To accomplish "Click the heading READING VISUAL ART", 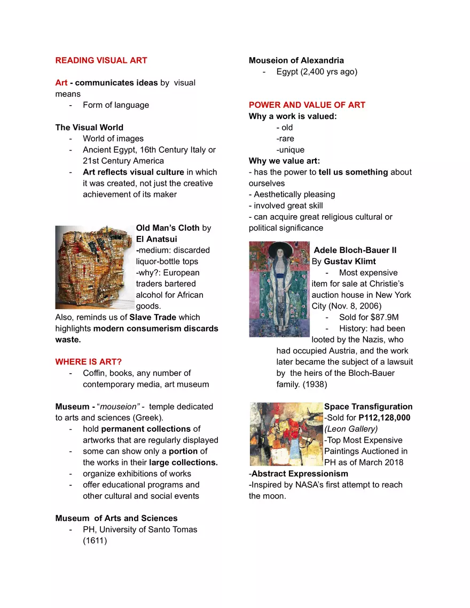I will (101, 60).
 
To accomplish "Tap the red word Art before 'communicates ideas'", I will (61, 83).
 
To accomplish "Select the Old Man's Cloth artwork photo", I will (95, 267).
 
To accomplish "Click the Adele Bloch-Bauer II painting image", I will (279, 289).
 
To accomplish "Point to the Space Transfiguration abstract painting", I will (286, 434).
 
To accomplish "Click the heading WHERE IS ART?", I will (88, 362).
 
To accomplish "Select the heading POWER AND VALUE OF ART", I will (307, 105).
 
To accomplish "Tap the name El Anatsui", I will (156, 239).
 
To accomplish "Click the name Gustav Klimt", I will (349, 262).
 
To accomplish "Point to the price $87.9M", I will (385, 318).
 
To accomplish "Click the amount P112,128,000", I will (385, 418).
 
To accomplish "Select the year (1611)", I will (95, 541).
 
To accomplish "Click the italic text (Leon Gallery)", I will (351, 429).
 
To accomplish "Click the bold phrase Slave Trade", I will (153, 318).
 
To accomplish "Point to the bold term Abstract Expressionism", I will (300, 474).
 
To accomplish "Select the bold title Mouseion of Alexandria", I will (296, 60).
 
